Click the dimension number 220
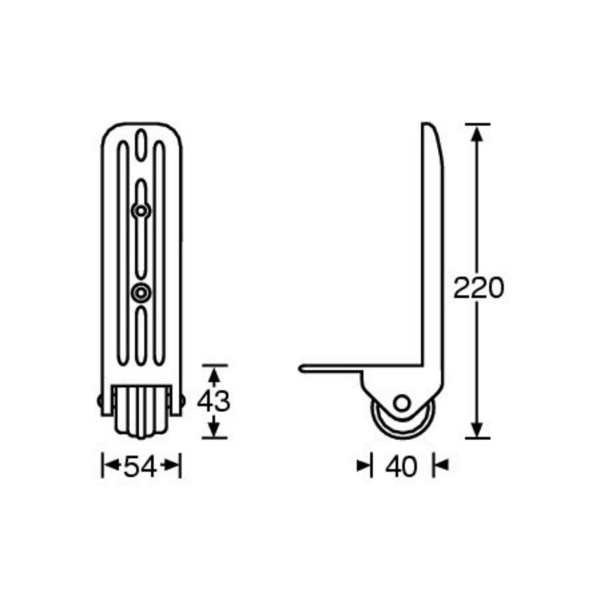478,288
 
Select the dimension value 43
214,401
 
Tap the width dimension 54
141,467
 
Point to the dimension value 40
402,467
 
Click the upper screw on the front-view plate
141,210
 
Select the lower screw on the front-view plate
141,293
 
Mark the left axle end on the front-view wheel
100,401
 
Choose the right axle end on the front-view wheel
182,401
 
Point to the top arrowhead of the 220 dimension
478,131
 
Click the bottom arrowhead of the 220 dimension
478,430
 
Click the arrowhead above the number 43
214,372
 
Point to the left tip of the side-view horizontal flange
300,368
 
